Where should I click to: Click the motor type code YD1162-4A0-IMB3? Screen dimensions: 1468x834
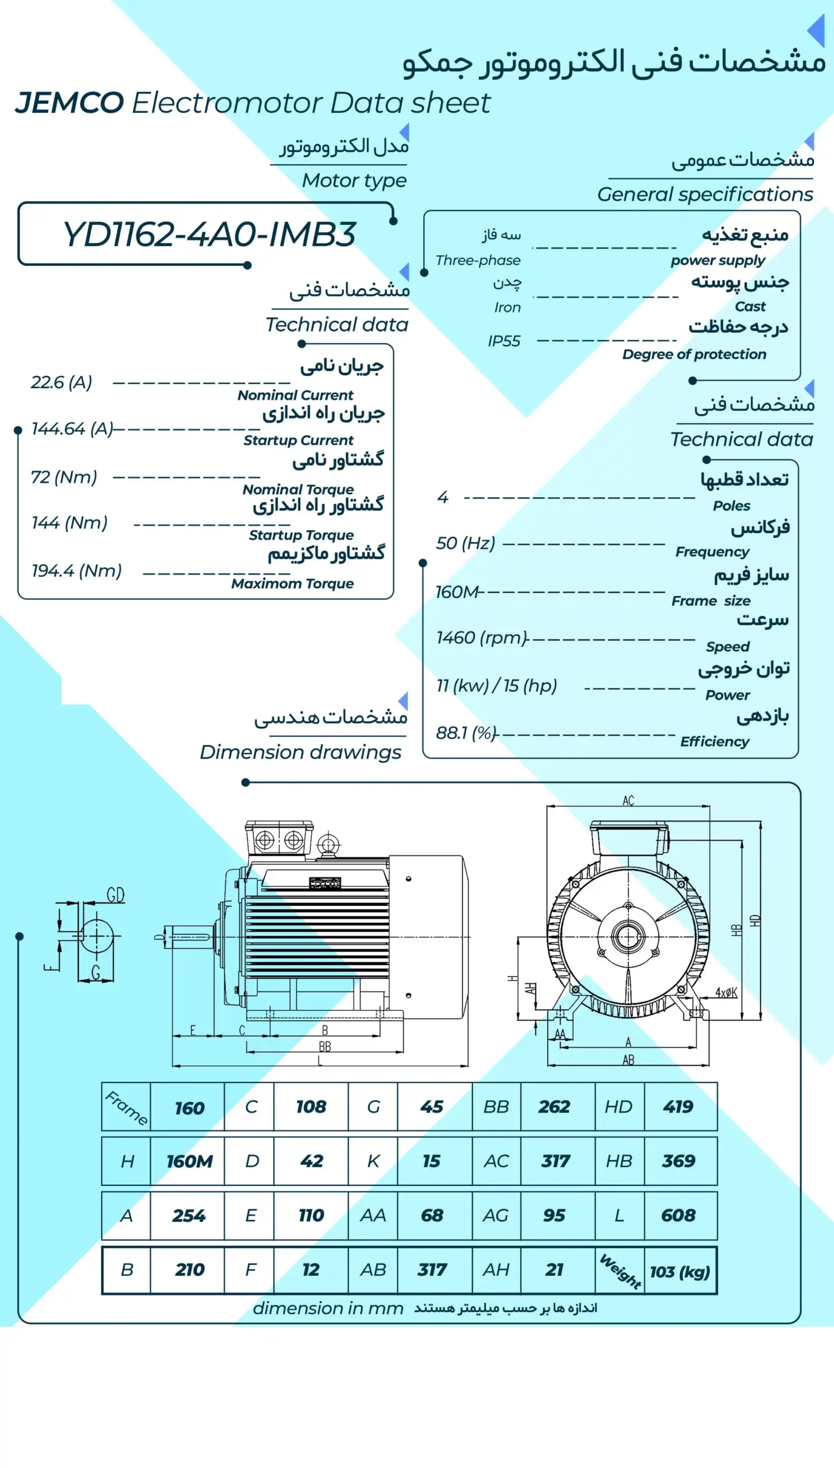pos(209,235)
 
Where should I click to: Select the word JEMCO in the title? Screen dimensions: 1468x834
pos(69,103)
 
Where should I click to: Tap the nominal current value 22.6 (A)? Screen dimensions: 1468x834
pos(61,382)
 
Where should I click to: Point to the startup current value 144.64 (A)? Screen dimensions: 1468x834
pos(72,428)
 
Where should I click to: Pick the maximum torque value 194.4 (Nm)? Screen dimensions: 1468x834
pos(76,571)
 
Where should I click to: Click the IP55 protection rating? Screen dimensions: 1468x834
pos(504,341)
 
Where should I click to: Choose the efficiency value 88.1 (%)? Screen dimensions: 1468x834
pos(465,732)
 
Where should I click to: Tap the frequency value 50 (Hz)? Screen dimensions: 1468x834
pos(465,543)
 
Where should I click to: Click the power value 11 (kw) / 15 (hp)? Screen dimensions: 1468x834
pos(496,685)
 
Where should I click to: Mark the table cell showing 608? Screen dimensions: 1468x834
pos(678,1215)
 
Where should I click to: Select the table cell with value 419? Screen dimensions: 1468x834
pos(678,1107)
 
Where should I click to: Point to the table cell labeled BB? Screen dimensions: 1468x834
pos(496,1107)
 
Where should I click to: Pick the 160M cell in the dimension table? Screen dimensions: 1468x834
pos(189,1161)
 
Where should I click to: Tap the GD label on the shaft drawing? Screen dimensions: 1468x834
pos(115,895)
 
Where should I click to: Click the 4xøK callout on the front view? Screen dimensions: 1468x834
pos(726,993)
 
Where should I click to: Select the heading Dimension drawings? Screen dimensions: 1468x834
pos(300,752)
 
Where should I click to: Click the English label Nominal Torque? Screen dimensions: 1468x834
pos(298,489)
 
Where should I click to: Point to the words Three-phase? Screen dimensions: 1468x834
pos(477,260)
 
